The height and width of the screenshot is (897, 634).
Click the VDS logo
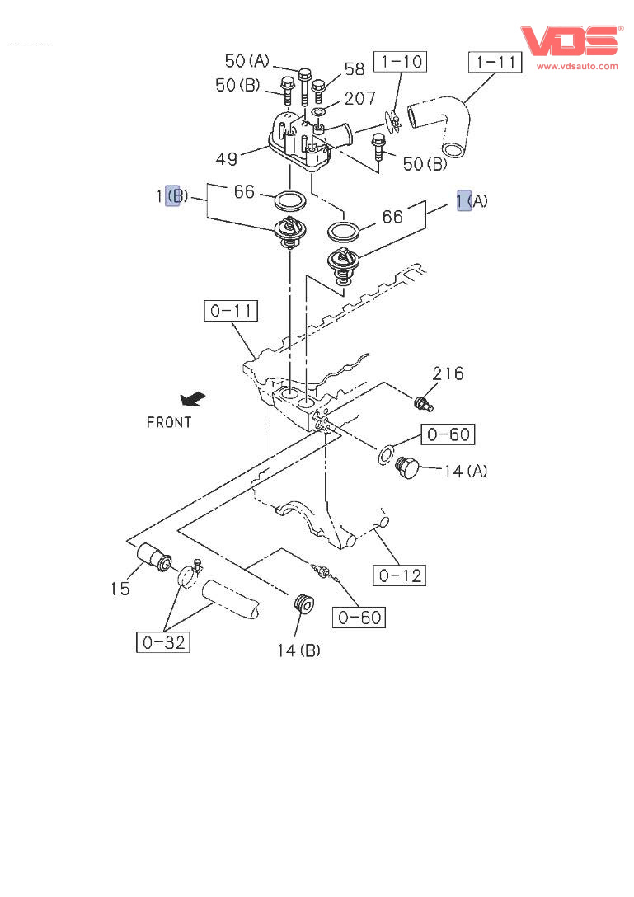[568, 41]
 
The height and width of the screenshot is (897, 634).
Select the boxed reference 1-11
[495, 62]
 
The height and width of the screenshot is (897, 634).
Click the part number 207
[359, 99]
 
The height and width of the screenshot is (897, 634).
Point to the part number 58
[355, 69]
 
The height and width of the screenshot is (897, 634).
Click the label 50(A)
[247, 61]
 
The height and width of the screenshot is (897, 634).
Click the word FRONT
[169, 422]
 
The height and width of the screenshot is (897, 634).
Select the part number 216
[448, 373]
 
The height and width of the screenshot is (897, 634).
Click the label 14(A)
[465, 471]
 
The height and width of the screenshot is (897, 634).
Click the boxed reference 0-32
[162, 642]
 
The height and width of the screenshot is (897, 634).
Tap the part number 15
[120, 588]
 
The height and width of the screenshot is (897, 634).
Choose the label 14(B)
[298, 650]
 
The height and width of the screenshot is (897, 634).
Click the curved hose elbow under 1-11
[444, 124]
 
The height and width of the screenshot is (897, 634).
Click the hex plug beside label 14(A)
[408, 470]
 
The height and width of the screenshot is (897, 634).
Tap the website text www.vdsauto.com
[577, 66]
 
